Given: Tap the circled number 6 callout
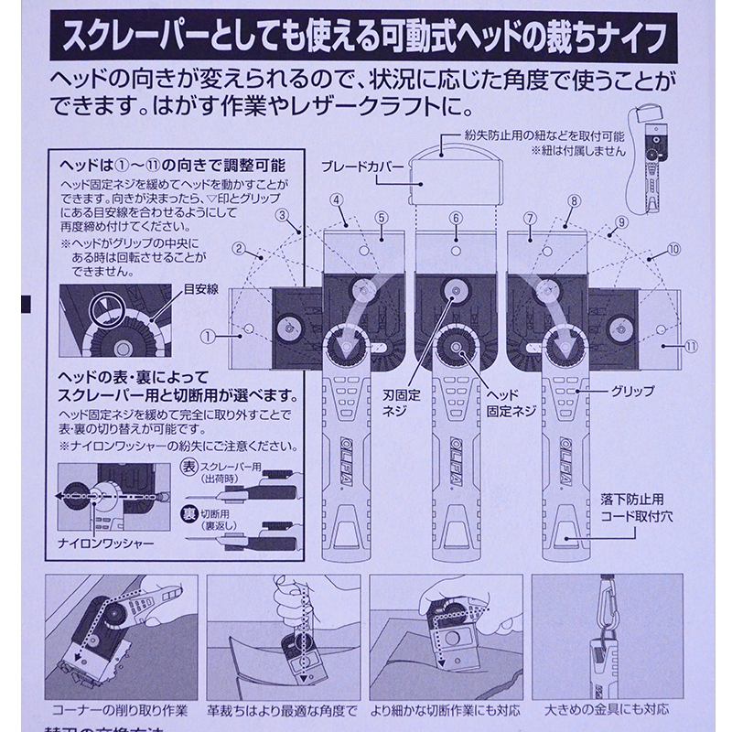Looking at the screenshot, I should click(455, 218).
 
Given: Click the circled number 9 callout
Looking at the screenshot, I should click(621, 221).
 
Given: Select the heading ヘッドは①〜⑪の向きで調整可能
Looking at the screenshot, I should click(171, 167).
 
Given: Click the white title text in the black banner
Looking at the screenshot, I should click(365, 38).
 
